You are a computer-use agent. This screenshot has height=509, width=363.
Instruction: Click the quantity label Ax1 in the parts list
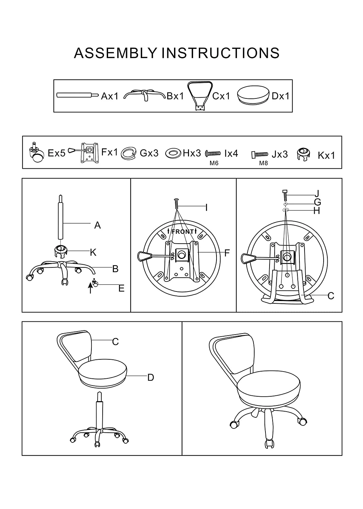pos(109,96)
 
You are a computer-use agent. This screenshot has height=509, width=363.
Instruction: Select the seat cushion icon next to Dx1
pos(253,95)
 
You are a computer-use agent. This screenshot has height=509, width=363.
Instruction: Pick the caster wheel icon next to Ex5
pos(37,154)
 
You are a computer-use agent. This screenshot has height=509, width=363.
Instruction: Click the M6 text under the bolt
pos(214,163)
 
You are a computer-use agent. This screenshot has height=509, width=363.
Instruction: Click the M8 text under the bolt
pos(263,163)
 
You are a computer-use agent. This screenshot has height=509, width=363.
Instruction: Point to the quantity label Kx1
pos(326,155)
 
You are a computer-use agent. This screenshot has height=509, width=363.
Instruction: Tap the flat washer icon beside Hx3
pos(173,153)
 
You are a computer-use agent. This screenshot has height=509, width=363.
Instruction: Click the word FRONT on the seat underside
pos(183,232)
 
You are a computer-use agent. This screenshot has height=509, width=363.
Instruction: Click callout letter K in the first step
pos(93,252)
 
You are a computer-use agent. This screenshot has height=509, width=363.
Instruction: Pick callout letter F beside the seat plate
pos(227,253)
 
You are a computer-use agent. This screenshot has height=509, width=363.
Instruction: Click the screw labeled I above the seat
pos(176,204)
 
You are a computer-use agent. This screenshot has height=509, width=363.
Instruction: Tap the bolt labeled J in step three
pos(285,195)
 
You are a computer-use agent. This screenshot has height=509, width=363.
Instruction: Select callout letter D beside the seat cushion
pos(151,377)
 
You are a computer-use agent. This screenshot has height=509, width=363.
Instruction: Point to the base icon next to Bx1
pos(144,95)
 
